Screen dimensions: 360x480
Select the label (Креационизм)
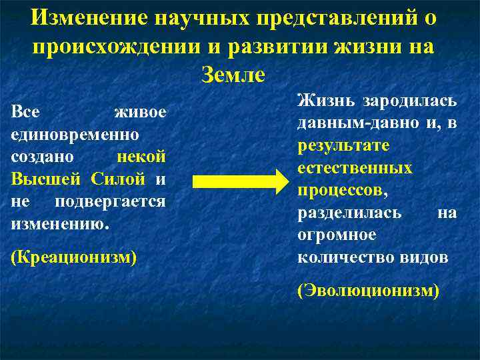tap(74, 257)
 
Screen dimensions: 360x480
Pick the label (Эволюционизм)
tap(368, 291)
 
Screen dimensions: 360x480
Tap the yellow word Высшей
tap(40, 179)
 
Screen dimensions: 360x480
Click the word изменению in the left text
tap(59, 224)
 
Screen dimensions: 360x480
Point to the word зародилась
tap(409, 101)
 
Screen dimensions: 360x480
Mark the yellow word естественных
tap(355, 168)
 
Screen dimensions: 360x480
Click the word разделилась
tap(349, 213)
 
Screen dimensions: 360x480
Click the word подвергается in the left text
tap(110, 201)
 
